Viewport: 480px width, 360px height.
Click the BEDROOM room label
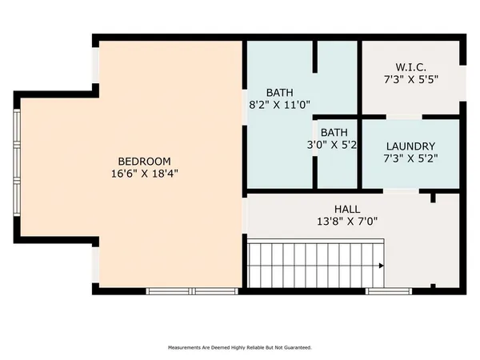[x=144, y=161]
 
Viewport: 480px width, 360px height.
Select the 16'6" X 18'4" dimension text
[x=144, y=173]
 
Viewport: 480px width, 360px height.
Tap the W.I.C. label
[x=410, y=66]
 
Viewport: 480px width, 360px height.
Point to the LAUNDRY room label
[x=410, y=146]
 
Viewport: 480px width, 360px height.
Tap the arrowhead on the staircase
[x=381, y=266]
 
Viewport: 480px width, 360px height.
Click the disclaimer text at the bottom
[x=239, y=348]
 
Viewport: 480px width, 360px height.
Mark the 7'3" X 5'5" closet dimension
[x=410, y=79]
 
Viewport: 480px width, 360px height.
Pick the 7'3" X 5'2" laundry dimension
[x=410, y=159]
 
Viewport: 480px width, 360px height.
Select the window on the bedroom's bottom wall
[x=192, y=291]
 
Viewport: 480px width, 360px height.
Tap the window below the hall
[x=389, y=291]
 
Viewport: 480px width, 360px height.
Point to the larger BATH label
[x=280, y=91]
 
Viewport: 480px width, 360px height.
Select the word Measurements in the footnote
[x=186, y=348]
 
